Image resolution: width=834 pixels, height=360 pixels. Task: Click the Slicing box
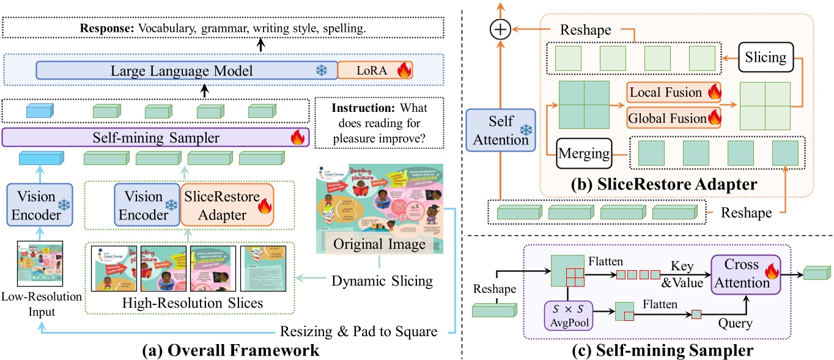pos(765,58)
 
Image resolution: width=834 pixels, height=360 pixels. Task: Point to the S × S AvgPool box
pos(568,315)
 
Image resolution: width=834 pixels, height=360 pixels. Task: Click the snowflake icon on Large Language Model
pos(320,71)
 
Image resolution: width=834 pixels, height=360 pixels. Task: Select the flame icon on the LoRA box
pos(404,71)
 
